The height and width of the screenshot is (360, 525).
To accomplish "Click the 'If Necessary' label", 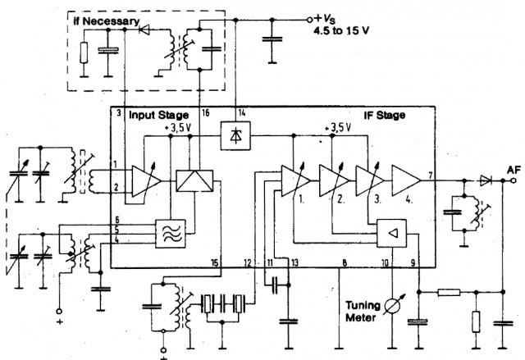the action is [x=106, y=21].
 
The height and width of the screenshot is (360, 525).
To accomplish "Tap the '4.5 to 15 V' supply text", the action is [x=341, y=31].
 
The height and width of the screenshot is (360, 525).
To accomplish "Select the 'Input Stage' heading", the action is [x=158, y=116].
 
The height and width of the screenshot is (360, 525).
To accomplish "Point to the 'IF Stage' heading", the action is [x=385, y=116].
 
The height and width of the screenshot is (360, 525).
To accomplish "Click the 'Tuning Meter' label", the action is [x=363, y=311].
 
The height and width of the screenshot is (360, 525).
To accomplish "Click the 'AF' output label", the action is [x=514, y=171].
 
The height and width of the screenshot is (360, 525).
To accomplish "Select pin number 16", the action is [x=206, y=112].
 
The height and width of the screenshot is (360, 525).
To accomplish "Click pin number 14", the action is [x=241, y=112].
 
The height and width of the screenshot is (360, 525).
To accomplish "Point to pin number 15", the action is [x=215, y=263].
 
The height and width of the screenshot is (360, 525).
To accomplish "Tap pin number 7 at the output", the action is [x=431, y=175].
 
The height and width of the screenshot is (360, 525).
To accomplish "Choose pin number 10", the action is [x=385, y=263].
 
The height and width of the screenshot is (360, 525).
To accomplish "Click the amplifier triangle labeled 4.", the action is [x=406, y=180].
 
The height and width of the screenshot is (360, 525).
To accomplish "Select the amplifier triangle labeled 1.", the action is [x=294, y=180].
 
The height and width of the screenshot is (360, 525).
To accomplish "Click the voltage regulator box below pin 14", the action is [x=235, y=135].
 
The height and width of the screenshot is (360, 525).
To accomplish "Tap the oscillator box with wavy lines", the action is [x=171, y=234].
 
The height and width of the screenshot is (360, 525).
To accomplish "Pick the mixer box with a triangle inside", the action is [x=194, y=180].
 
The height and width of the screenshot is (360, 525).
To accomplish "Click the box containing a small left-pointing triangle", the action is [x=392, y=233].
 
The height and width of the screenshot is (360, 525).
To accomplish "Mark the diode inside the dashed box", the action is [x=144, y=30].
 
